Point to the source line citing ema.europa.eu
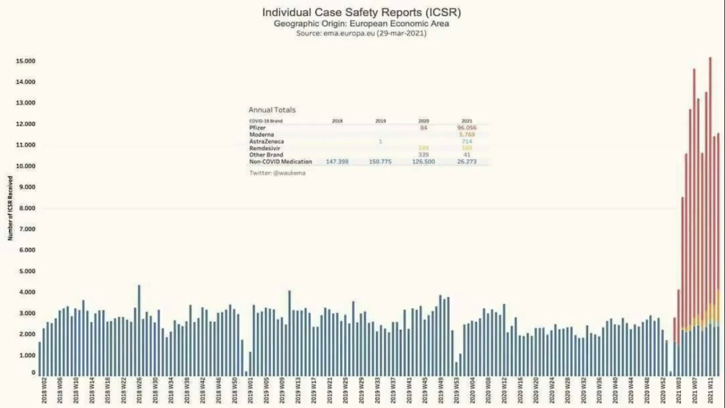pyautogui.click(x=361, y=33)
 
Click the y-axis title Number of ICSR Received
pyautogui.click(x=10, y=208)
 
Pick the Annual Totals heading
pyautogui.click(x=272, y=110)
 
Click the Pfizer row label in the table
pyautogui.click(x=258, y=128)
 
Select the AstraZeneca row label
pyautogui.click(x=266, y=141)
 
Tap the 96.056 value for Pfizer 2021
pyautogui.click(x=467, y=128)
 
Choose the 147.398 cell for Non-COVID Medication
pyautogui.click(x=337, y=161)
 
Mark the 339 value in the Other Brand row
pyautogui.click(x=423, y=155)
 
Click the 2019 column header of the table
pyautogui.click(x=381, y=121)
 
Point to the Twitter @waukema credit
pyautogui.click(x=277, y=173)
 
